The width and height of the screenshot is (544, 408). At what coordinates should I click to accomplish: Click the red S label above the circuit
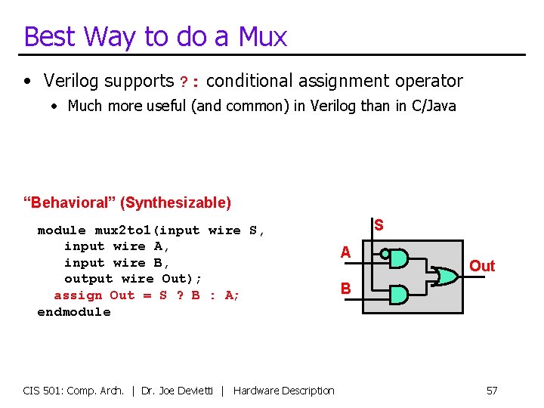pyautogui.click(x=379, y=225)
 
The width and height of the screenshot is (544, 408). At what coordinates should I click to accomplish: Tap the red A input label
pyautogui.click(x=345, y=252)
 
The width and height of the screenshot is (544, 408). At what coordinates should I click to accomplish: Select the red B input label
pyautogui.click(x=345, y=288)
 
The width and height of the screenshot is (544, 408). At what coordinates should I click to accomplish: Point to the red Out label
pyautogui.click(x=482, y=265)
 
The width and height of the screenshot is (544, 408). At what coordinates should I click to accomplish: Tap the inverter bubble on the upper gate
pyautogui.click(x=385, y=255)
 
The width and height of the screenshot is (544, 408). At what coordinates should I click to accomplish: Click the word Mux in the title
pyautogui.click(x=263, y=36)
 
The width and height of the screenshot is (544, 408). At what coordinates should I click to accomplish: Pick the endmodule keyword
pyautogui.click(x=73, y=312)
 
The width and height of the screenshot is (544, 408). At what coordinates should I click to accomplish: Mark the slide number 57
pyautogui.click(x=492, y=391)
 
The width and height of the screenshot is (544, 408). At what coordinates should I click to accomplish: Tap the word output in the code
pyautogui.click(x=88, y=279)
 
